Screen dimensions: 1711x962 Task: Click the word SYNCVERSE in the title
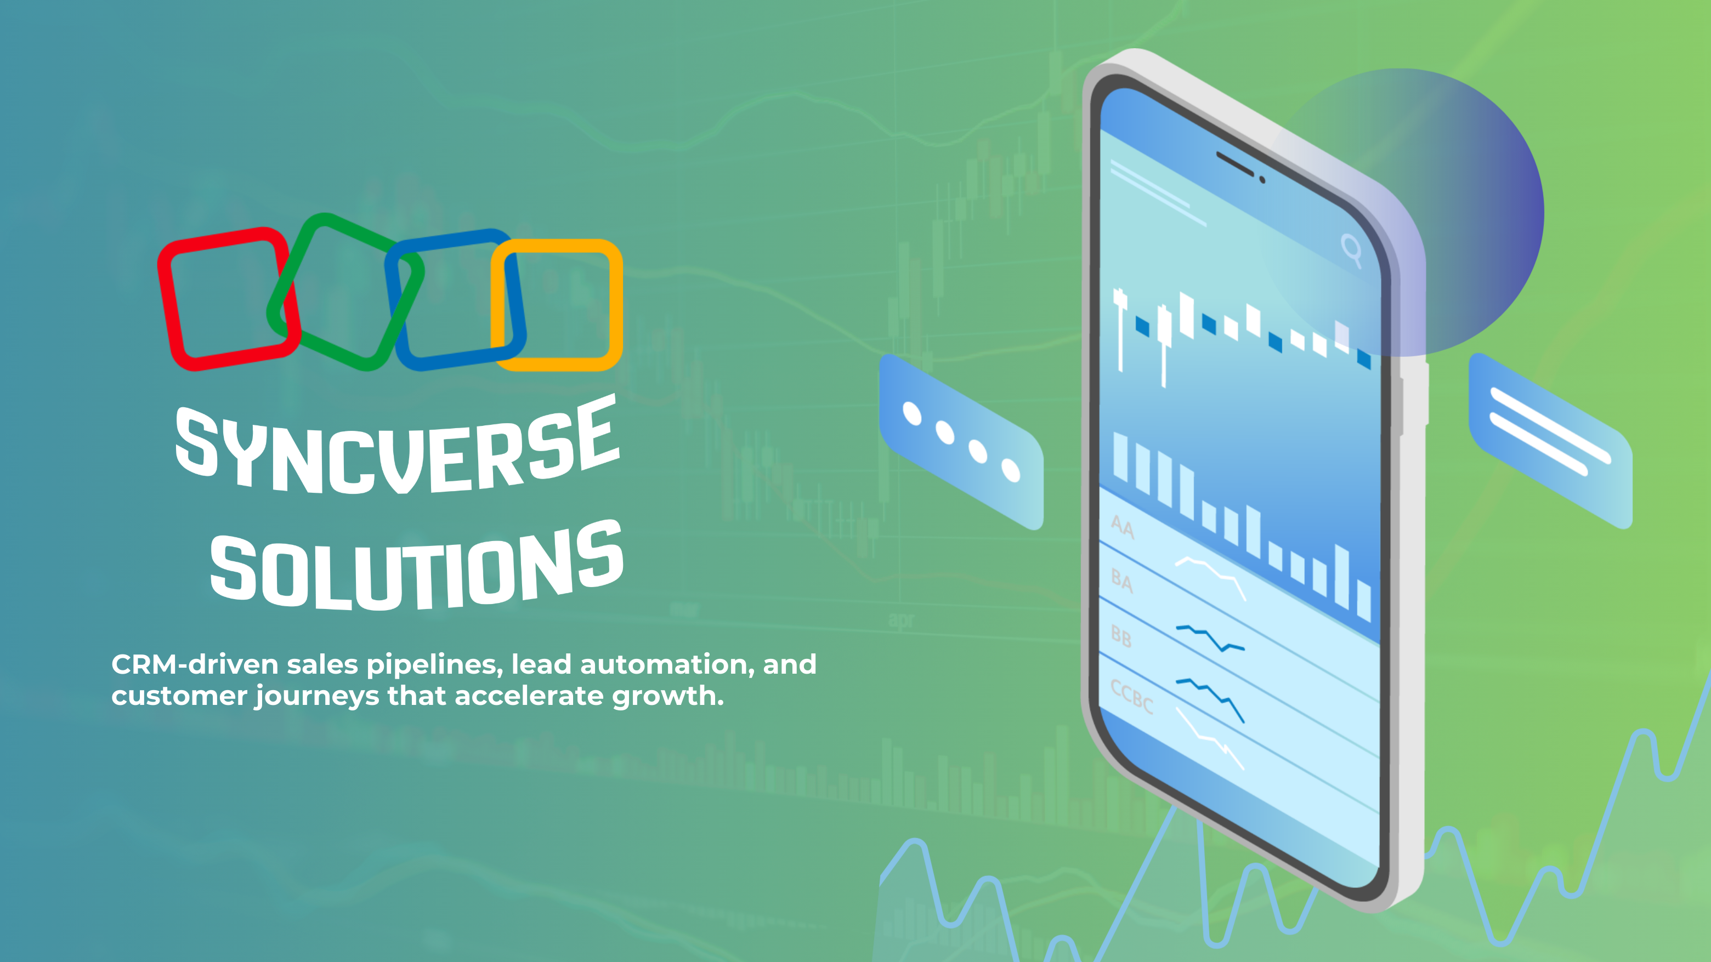click(397, 446)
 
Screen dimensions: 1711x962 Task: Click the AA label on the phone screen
click(1123, 527)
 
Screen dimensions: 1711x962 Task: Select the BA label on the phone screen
click(1122, 581)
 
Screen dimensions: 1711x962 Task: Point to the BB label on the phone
click(1121, 637)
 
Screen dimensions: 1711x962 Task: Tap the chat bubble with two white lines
click(1551, 441)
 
